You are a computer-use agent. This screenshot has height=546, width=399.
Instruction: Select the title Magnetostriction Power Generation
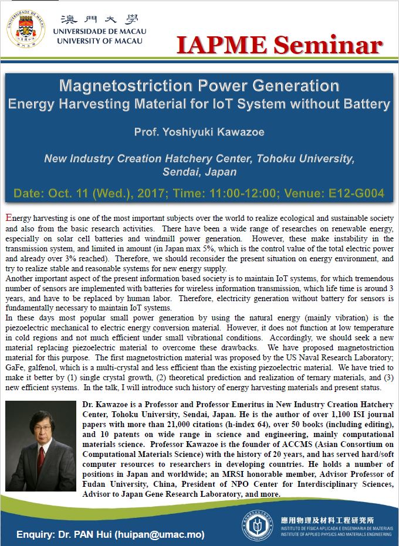pos(199,86)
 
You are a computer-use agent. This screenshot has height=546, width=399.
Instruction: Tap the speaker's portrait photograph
pos(40,446)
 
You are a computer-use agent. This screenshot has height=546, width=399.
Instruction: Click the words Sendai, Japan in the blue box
pos(199,172)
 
